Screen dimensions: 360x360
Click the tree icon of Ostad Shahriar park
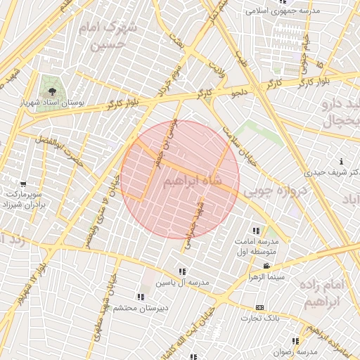(x=51, y=91)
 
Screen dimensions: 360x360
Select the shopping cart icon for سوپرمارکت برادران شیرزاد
(x=23, y=184)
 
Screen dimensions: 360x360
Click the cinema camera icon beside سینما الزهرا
(x=267, y=266)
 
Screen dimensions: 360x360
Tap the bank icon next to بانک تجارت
(x=259, y=307)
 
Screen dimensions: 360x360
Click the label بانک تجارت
(x=259, y=318)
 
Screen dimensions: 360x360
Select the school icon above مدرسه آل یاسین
(x=182, y=271)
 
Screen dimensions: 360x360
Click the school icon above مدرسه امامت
(x=256, y=230)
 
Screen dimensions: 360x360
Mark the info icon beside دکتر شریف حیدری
(x=339, y=161)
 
